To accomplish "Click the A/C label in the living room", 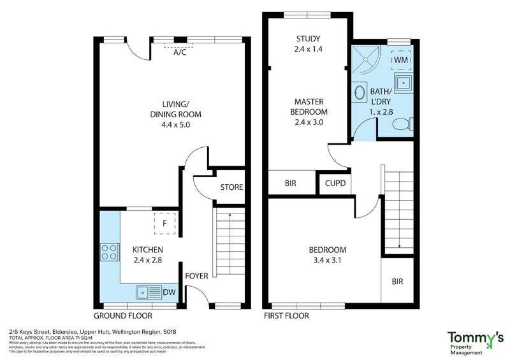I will (x=180, y=52).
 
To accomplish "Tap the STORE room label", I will (x=231, y=187).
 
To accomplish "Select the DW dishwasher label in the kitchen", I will (x=169, y=292).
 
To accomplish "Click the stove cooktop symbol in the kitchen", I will (x=109, y=252).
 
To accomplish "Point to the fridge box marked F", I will (x=164, y=224).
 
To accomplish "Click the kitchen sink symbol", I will (x=147, y=292).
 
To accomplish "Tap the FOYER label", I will (x=196, y=277).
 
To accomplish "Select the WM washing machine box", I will (x=401, y=59).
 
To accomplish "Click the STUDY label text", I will (x=308, y=38).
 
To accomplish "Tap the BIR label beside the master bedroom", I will (x=291, y=183).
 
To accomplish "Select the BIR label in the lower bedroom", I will (x=397, y=281).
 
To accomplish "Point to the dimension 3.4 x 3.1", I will (x=327, y=260).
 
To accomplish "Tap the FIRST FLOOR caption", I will (x=286, y=316).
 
